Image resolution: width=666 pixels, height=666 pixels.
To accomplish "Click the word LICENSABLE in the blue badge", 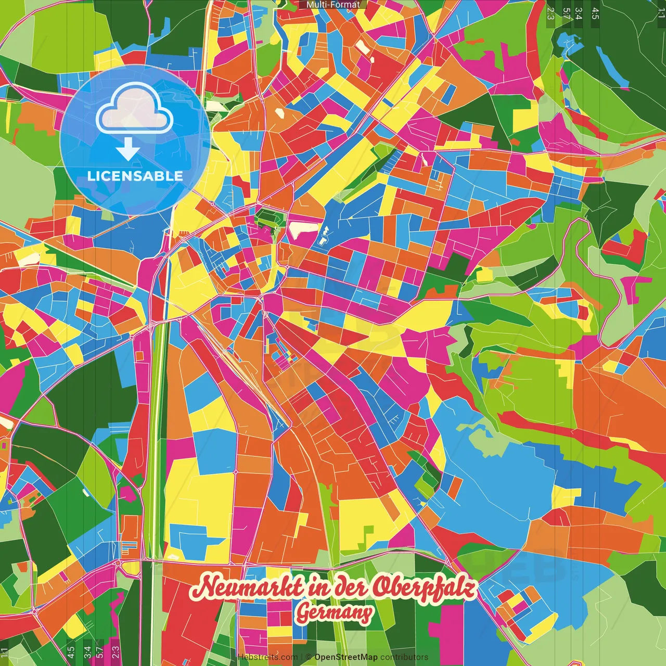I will [135, 176].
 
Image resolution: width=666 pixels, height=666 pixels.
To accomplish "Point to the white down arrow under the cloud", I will [128, 149].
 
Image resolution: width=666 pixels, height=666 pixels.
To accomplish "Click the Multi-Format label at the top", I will [333, 5].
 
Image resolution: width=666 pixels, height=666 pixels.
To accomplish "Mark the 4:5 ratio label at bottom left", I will [71, 651].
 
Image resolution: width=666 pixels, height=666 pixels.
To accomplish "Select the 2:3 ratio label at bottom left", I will [115, 651].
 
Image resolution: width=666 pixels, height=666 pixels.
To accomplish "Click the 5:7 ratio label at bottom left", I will [99, 651].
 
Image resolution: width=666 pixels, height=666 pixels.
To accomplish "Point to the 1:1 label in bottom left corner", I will [4, 652].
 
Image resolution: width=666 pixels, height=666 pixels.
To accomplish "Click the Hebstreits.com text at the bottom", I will [267, 657].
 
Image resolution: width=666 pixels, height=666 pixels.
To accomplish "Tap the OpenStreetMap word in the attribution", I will [345, 657].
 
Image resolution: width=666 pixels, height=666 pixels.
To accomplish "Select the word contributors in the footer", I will [404, 657].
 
